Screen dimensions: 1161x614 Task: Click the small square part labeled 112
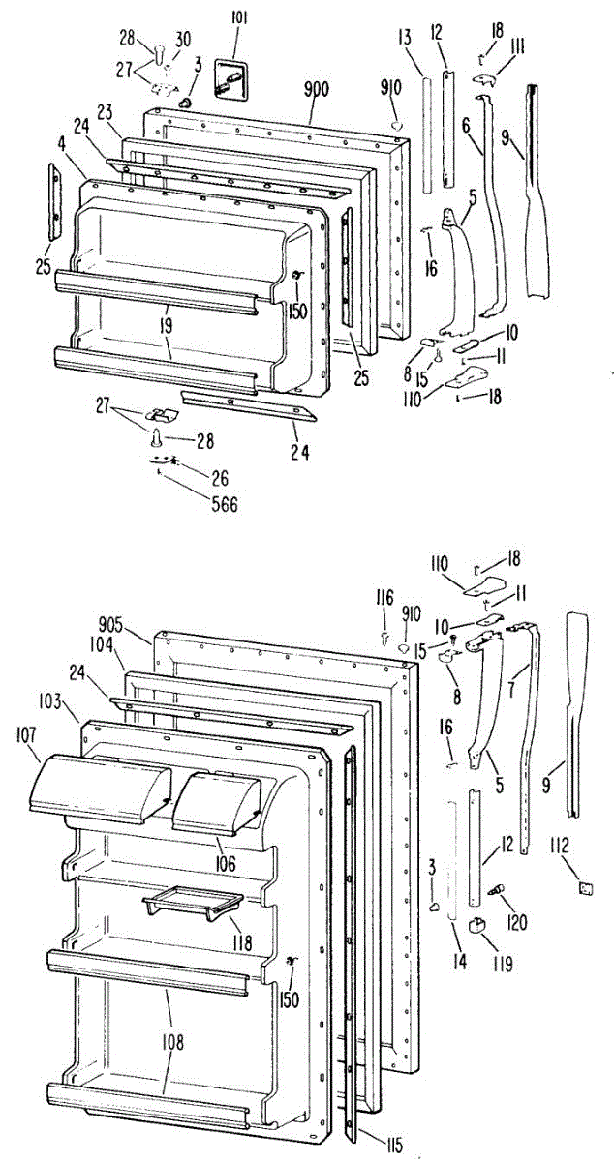[x=586, y=885]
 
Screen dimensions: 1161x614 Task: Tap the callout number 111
[x=518, y=46]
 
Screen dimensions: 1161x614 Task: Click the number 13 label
[x=404, y=38]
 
